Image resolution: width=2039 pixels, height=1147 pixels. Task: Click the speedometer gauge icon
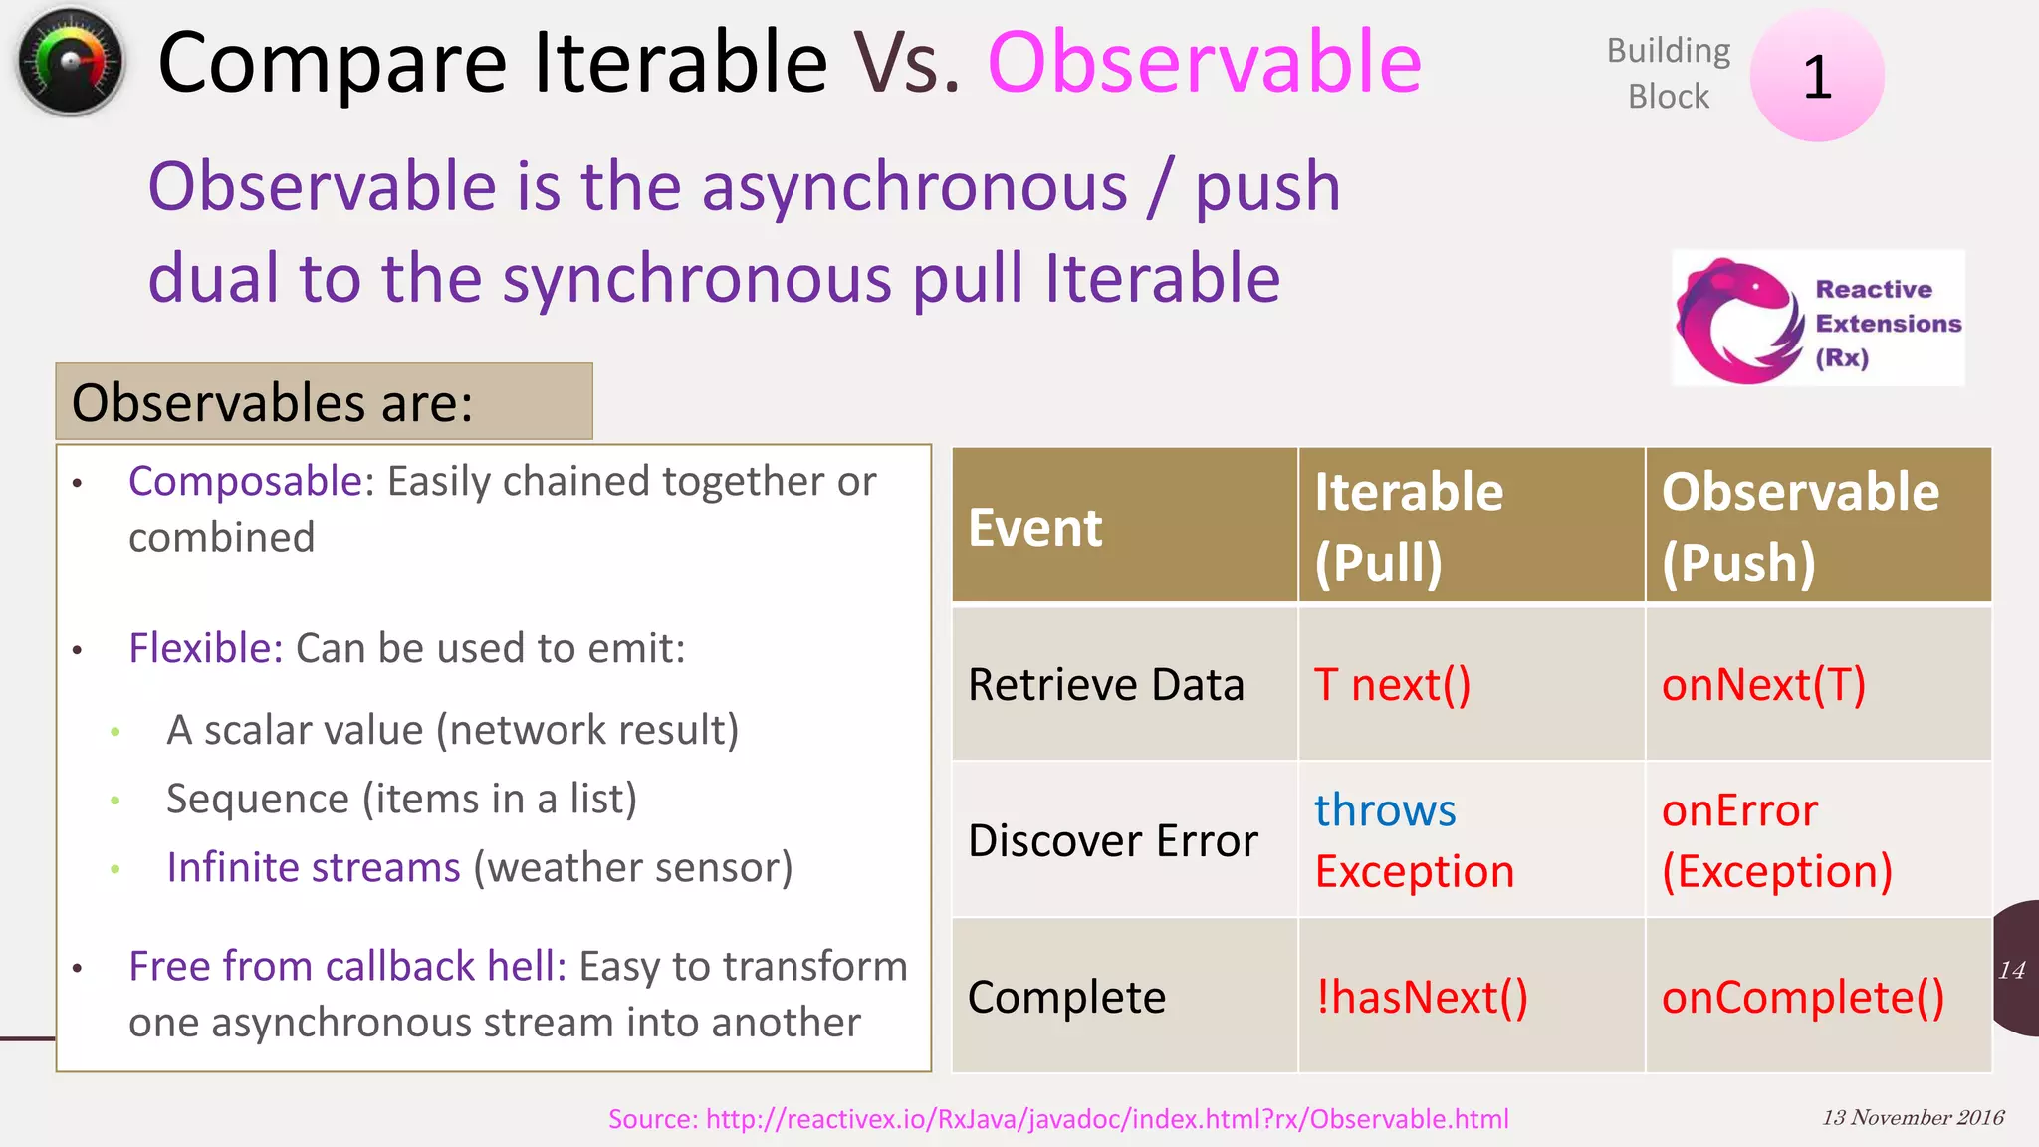click(x=70, y=62)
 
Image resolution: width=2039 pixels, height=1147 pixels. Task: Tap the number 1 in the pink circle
click(x=1817, y=77)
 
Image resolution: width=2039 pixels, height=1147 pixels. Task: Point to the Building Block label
click(x=1669, y=73)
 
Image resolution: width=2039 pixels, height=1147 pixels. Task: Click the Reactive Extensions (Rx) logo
click(x=1818, y=320)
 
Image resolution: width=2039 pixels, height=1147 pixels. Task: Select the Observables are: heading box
click(x=324, y=402)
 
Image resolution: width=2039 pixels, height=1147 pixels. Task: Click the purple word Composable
click(x=245, y=482)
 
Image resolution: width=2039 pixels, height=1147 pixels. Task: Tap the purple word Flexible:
click(x=206, y=649)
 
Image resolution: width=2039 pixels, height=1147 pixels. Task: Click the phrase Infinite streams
click(x=314, y=868)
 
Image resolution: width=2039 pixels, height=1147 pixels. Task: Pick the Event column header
click(x=1035, y=528)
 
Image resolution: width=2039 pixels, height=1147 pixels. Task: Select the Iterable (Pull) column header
click(x=1408, y=528)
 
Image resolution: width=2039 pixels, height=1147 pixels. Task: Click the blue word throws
click(x=1385, y=810)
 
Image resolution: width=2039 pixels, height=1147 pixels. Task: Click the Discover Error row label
click(x=1113, y=841)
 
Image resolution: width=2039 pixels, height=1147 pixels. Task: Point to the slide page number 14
click(x=2011, y=970)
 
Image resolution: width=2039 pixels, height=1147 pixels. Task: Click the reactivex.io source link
click(x=1058, y=1119)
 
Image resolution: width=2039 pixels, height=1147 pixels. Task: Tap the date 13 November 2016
click(x=1913, y=1117)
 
